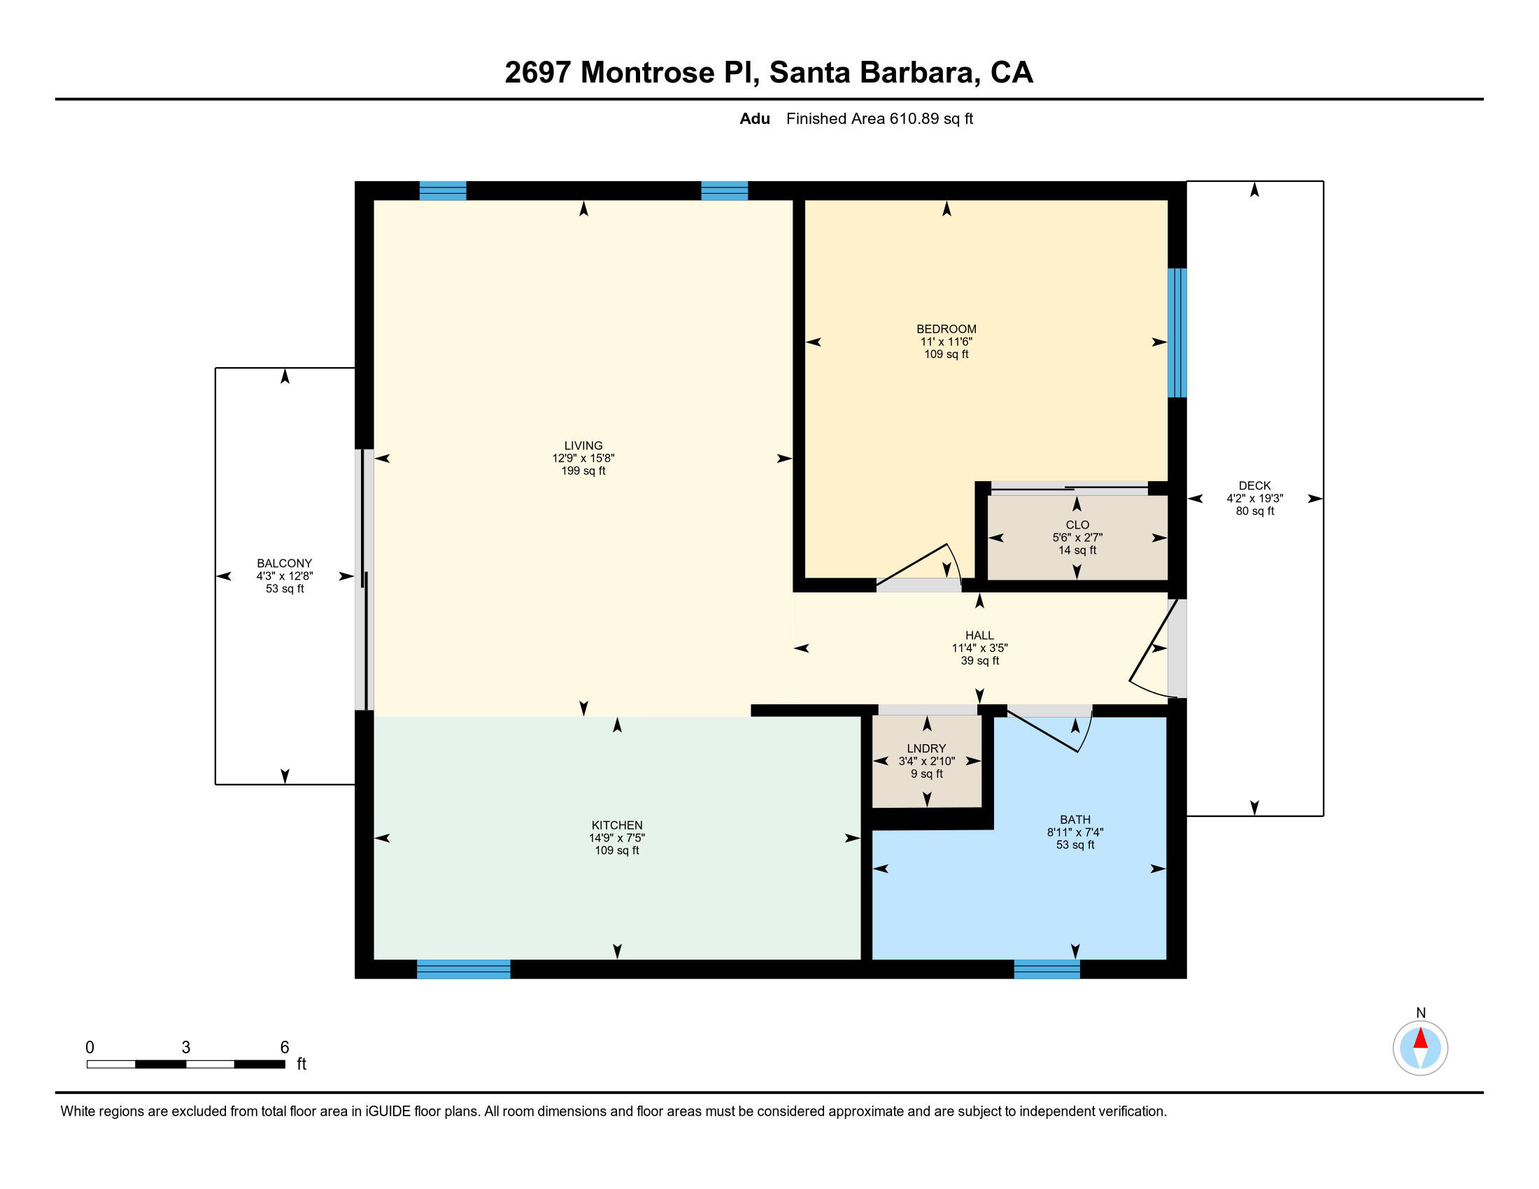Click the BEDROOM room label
pyautogui.click(x=946, y=329)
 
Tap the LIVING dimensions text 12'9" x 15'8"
pyautogui.click(x=583, y=459)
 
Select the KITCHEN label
pyautogui.click(x=616, y=825)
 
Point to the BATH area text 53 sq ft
pyautogui.click(x=1075, y=845)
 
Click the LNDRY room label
pyautogui.click(x=926, y=748)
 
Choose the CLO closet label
pyautogui.click(x=1077, y=525)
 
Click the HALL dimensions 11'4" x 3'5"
pyautogui.click(x=979, y=648)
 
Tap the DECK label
pyautogui.click(x=1254, y=485)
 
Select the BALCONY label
pyautogui.click(x=284, y=563)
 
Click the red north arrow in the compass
pyautogui.click(x=1420, y=1038)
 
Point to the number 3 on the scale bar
pyautogui.click(x=186, y=1048)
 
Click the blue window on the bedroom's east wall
pyautogui.click(x=1177, y=332)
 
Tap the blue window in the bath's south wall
pyautogui.click(x=1047, y=969)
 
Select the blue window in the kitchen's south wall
pyautogui.click(x=463, y=969)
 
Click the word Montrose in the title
pyautogui.click(x=647, y=73)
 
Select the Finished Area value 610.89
pyautogui.click(x=914, y=119)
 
